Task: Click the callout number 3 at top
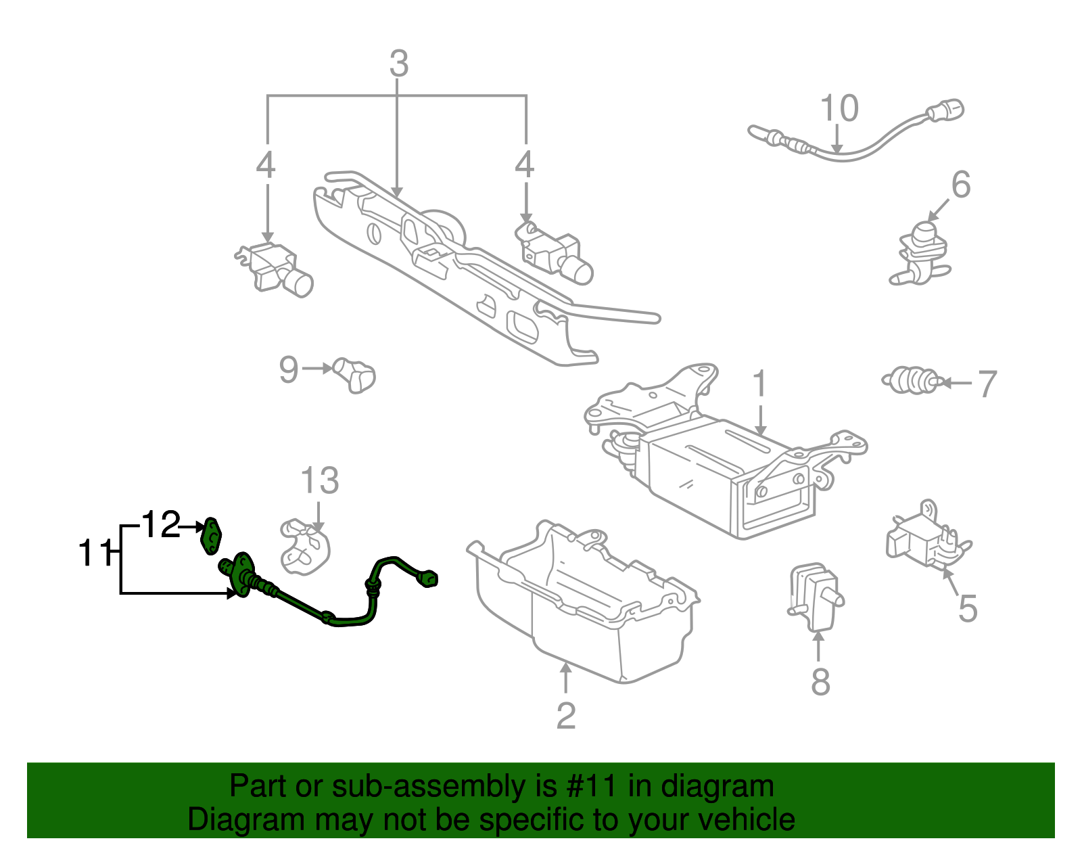(399, 64)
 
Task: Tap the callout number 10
(839, 108)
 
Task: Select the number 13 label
(319, 481)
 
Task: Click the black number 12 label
(161, 524)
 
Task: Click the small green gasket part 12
(212, 535)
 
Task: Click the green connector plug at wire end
(429, 579)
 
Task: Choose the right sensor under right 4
(556, 252)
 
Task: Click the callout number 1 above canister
(759, 384)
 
